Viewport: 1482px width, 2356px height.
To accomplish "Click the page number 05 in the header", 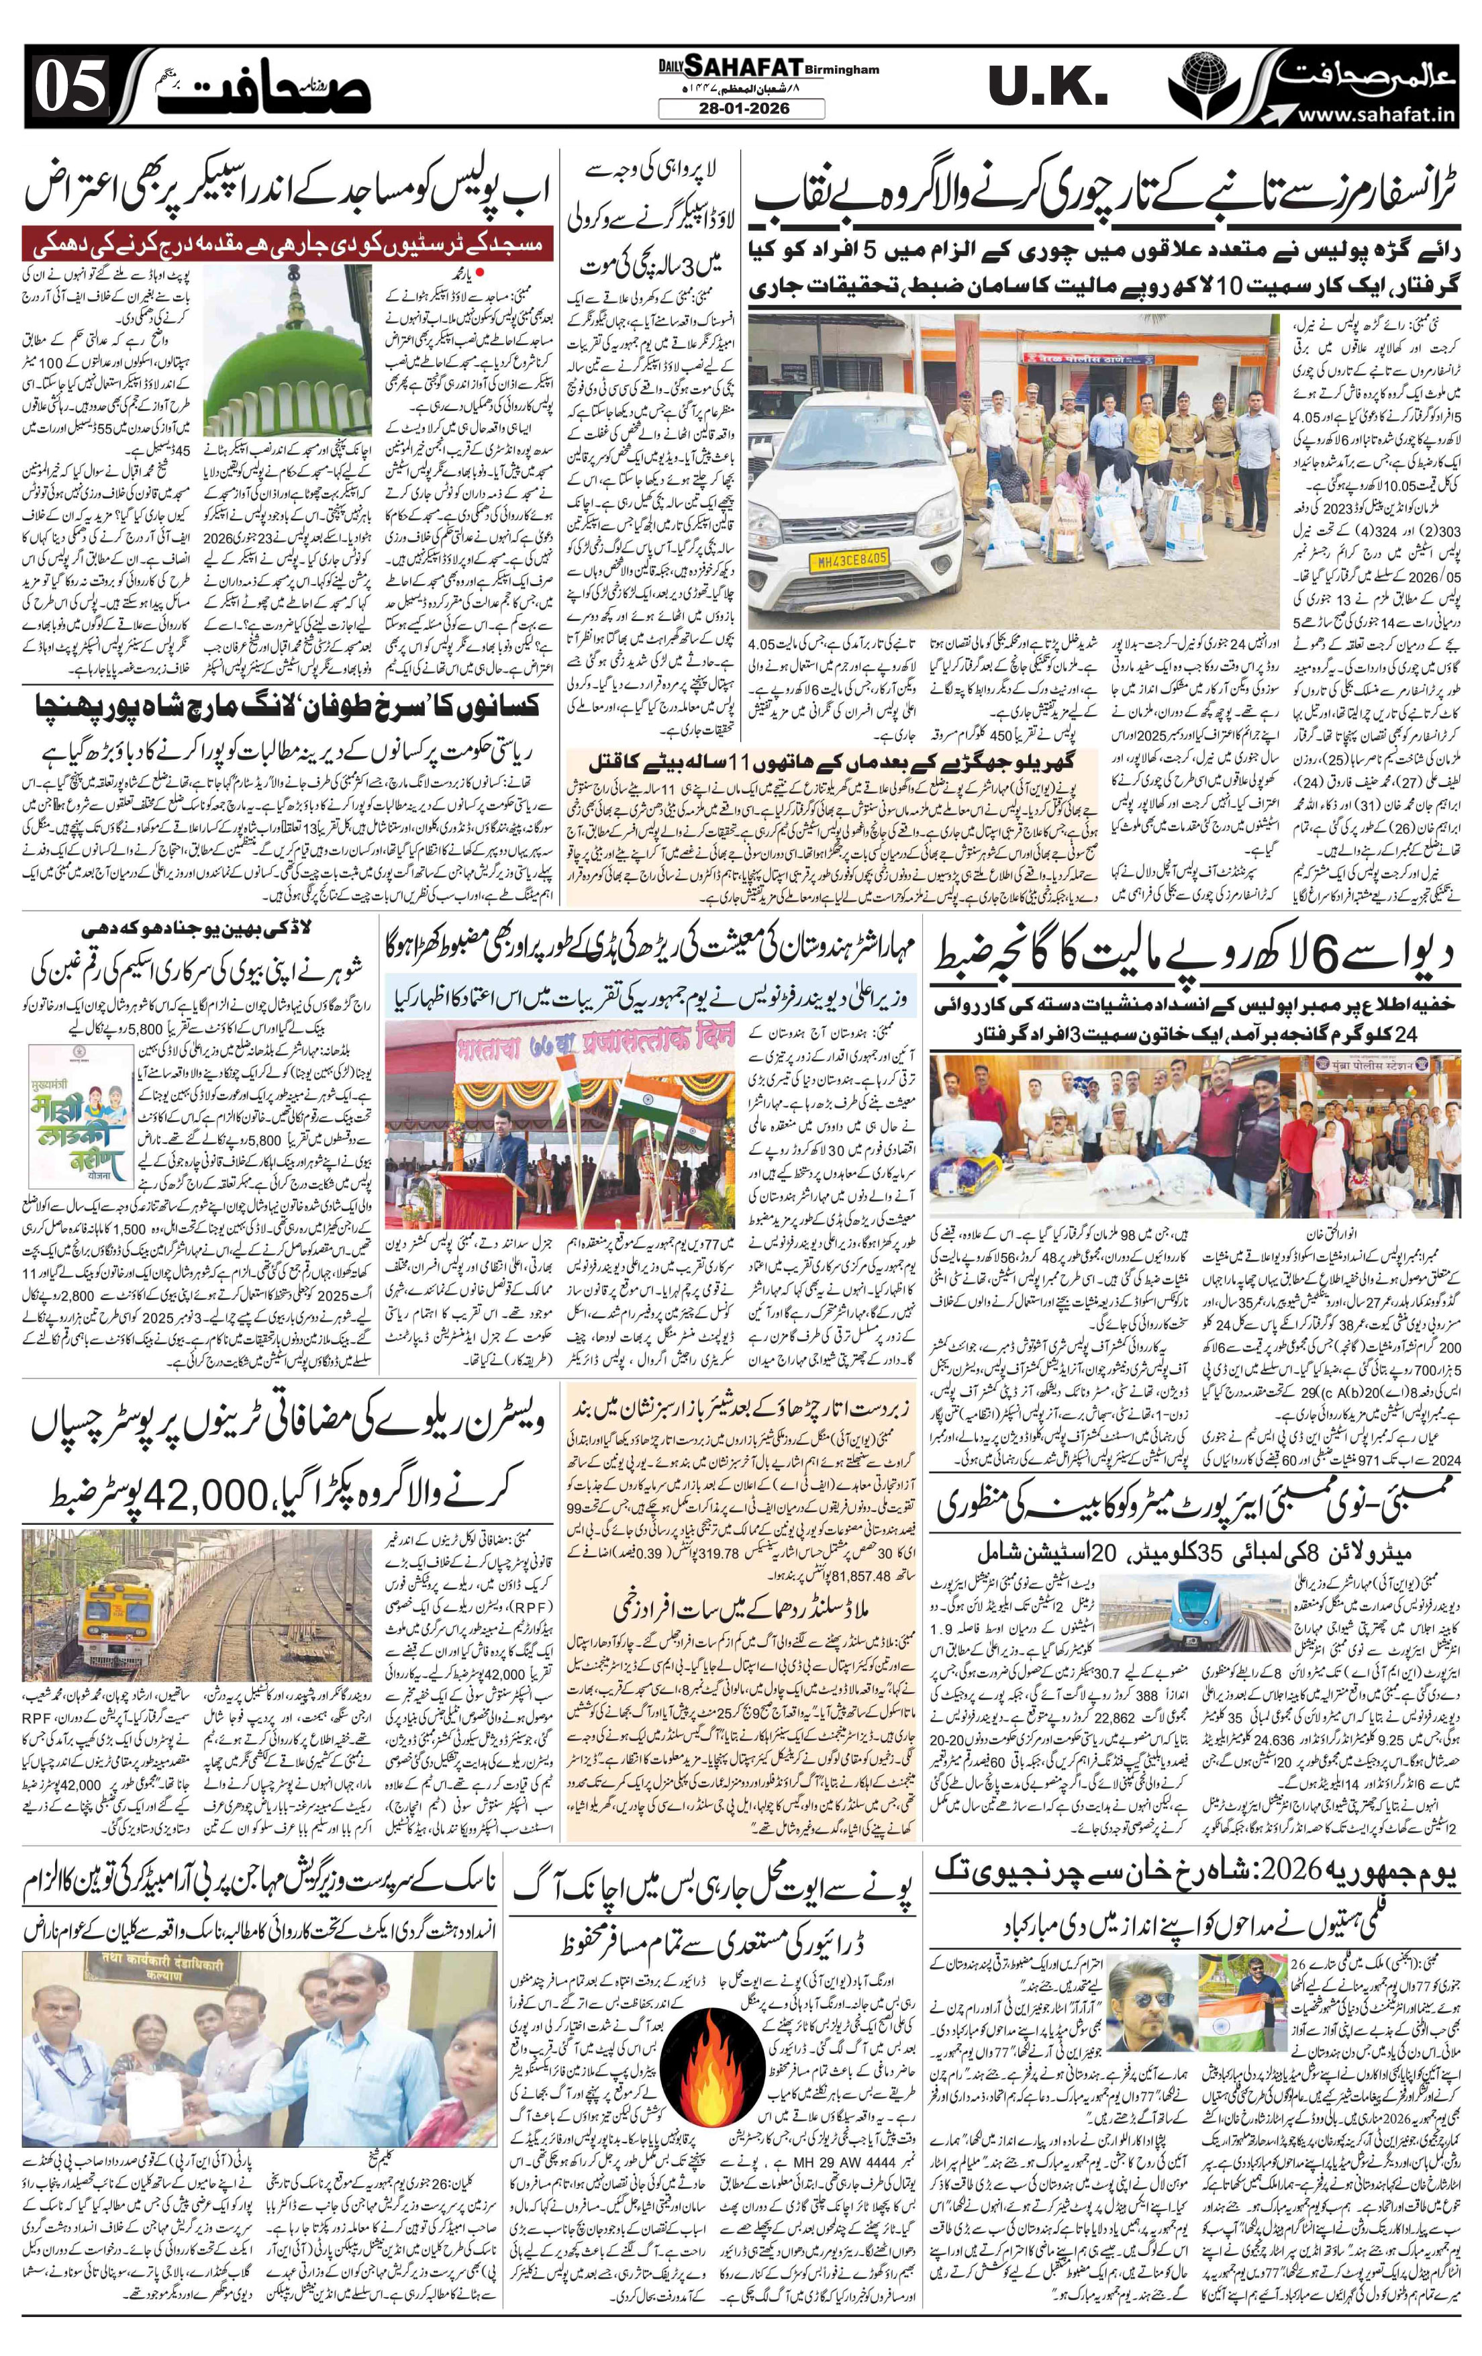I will tap(70, 90).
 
